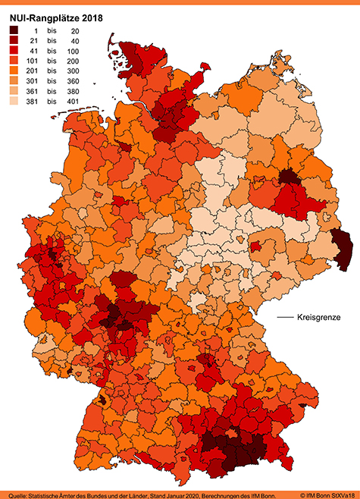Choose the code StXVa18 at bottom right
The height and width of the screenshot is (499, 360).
[340, 494]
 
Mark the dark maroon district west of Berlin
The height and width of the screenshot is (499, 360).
[288, 177]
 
